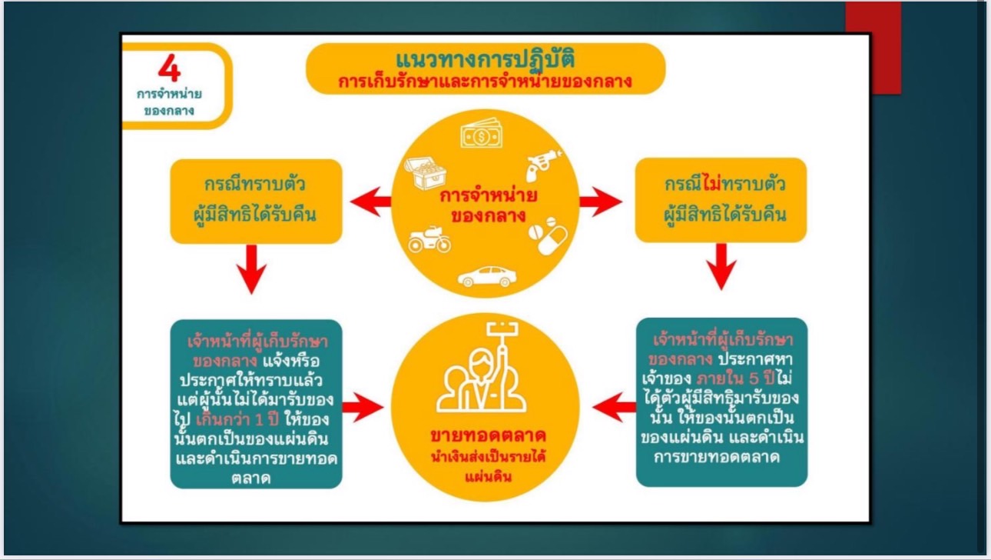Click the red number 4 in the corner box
[170, 68]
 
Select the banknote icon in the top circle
[481, 135]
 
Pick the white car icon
[487, 275]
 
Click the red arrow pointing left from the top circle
[370, 202]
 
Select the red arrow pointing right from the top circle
[600, 202]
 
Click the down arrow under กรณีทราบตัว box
[251, 268]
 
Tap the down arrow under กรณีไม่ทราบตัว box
[720, 267]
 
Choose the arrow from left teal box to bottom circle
[362, 405]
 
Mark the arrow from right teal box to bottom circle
[615, 406]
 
